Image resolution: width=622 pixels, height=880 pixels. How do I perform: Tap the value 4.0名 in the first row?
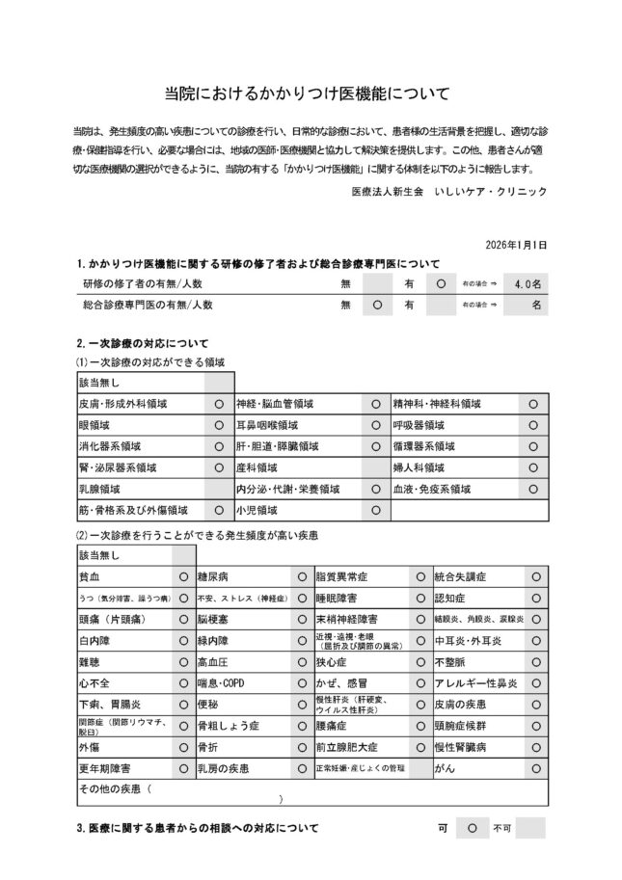(528, 283)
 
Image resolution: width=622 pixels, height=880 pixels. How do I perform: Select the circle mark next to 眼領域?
(218, 425)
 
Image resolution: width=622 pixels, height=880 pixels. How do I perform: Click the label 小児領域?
(257, 510)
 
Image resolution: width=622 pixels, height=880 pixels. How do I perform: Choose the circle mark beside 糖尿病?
(302, 576)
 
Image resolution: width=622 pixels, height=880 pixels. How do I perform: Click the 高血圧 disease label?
(212, 662)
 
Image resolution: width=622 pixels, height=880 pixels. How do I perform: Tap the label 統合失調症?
(461, 576)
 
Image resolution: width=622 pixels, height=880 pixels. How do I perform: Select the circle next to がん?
(535, 768)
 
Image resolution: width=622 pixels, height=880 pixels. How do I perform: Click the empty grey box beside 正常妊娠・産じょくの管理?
(419, 768)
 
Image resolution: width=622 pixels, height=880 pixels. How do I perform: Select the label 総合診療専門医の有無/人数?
(148, 305)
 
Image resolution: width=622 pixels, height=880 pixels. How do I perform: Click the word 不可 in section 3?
(501, 828)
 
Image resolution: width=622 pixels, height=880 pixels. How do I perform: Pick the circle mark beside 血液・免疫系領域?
(533, 489)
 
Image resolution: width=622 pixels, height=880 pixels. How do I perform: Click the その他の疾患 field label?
(112, 789)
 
